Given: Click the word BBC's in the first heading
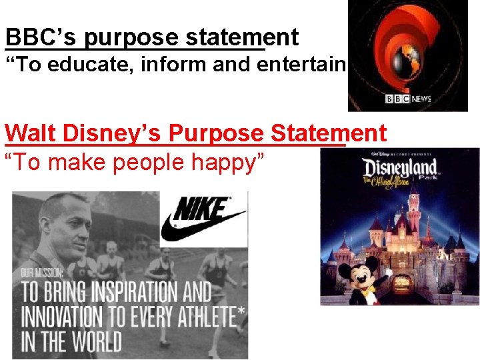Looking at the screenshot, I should pos(41,37).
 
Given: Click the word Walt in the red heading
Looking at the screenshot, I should pos(27,133).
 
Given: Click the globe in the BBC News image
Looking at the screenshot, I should pos(411,57).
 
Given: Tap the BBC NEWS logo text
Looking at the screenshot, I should pos(409,99).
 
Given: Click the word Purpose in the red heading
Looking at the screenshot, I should pos(217,133).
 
